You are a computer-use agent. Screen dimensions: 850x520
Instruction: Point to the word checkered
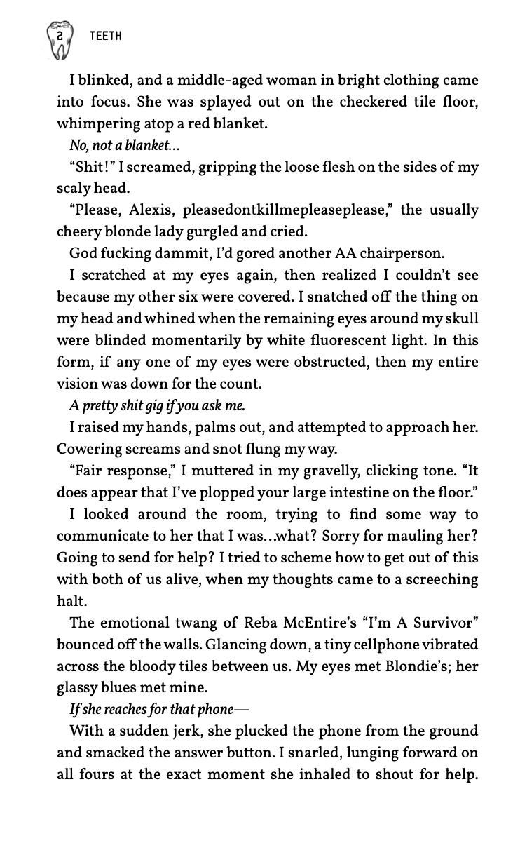tap(376, 102)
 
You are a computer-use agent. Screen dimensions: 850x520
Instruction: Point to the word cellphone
tap(363, 643)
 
